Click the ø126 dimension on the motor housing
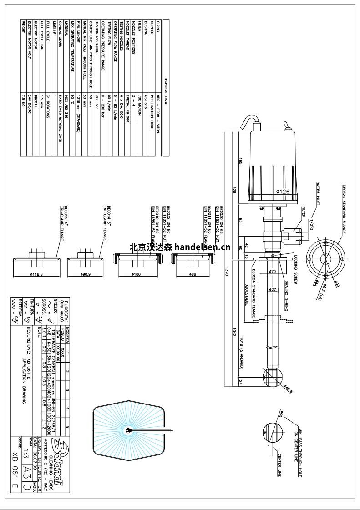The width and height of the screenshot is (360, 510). (x=283, y=192)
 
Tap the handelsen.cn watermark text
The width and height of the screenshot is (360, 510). (x=180, y=247)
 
